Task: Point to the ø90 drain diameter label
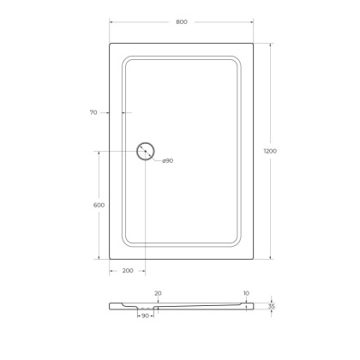click(x=167, y=161)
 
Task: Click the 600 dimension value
click(x=99, y=205)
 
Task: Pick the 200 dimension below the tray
click(x=127, y=271)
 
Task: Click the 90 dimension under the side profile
click(x=146, y=316)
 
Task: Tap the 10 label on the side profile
click(x=246, y=292)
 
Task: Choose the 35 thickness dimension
click(x=272, y=305)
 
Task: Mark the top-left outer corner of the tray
click(x=110, y=40)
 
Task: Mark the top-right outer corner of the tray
click(x=255, y=40)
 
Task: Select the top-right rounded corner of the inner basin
click(x=237, y=61)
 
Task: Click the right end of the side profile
click(x=255, y=305)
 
